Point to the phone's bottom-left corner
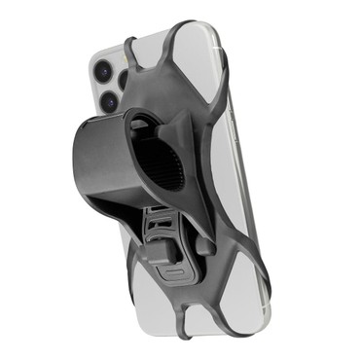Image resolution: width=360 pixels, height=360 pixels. click(135, 310)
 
